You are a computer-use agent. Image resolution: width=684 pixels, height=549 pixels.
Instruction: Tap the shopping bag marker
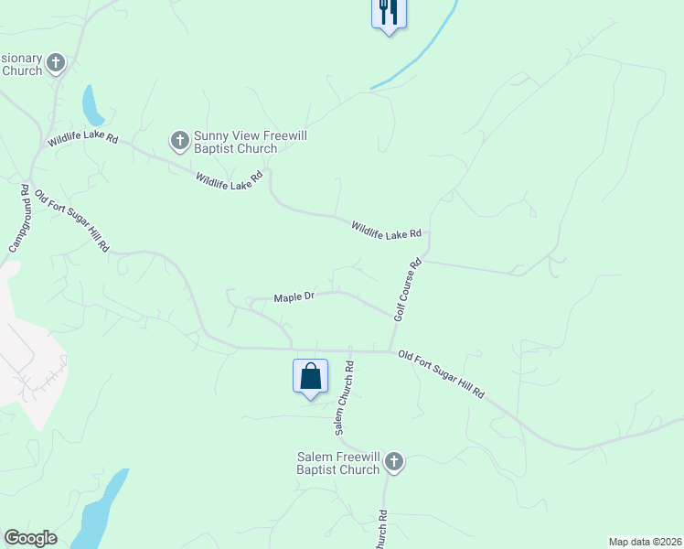(310, 376)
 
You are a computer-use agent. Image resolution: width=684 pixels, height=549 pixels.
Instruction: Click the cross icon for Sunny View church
(179, 141)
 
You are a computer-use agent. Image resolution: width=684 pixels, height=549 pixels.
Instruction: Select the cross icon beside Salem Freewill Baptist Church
(394, 461)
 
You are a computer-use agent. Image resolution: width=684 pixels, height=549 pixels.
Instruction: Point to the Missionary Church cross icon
(56, 63)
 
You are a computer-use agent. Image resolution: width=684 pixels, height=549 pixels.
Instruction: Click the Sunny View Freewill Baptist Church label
(248, 142)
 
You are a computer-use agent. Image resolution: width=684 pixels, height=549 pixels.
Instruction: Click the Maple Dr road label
(294, 297)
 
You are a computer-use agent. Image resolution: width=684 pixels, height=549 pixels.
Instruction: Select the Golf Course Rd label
(407, 289)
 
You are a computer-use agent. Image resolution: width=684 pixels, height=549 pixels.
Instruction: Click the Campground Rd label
(19, 220)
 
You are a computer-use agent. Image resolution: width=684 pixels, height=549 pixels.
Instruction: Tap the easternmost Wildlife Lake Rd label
(386, 230)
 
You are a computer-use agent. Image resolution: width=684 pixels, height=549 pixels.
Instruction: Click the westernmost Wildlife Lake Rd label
(83, 139)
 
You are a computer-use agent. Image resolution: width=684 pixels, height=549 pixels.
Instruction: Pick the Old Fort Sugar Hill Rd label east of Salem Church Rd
(441, 373)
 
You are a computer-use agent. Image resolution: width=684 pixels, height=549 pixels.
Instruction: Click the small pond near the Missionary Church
(92, 106)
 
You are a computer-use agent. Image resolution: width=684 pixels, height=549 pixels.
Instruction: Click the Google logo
(30, 538)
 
